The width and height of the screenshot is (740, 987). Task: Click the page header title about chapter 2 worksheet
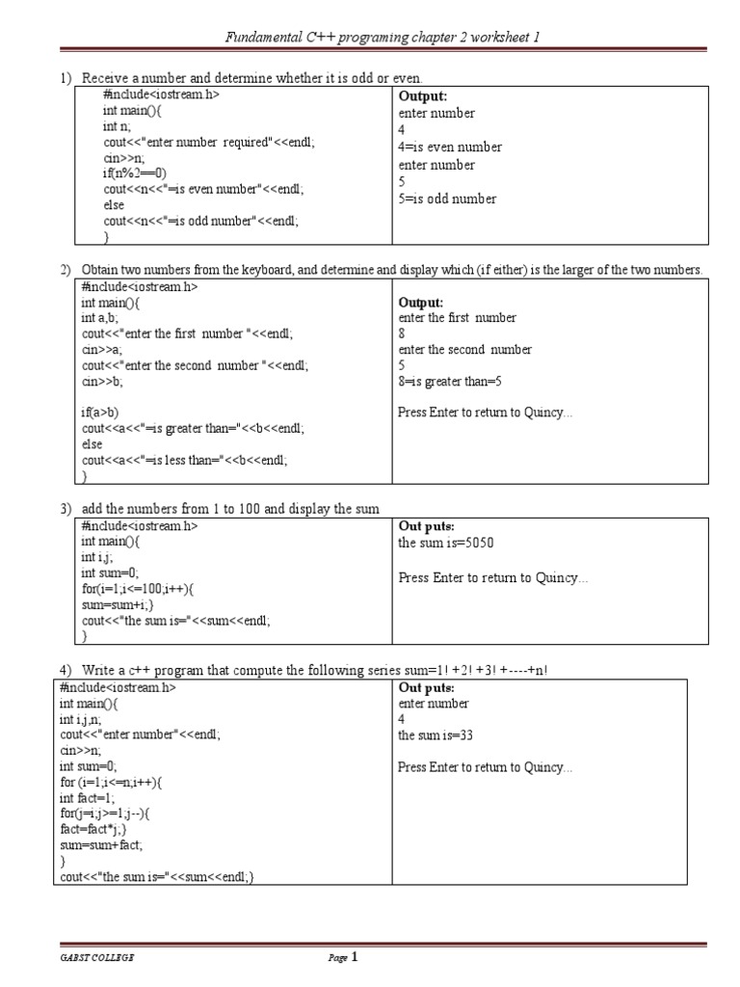coord(383,38)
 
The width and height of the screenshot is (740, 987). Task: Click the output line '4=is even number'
coord(449,147)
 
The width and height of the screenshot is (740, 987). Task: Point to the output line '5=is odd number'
coord(447,200)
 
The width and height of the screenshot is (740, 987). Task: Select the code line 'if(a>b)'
coord(102,413)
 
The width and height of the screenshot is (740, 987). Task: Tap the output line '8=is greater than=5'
coord(450,382)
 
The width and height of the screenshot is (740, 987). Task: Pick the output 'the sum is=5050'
coord(445,543)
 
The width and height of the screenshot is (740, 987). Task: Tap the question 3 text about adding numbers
coord(230,508)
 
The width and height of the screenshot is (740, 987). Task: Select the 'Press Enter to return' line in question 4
coord(485,768)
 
